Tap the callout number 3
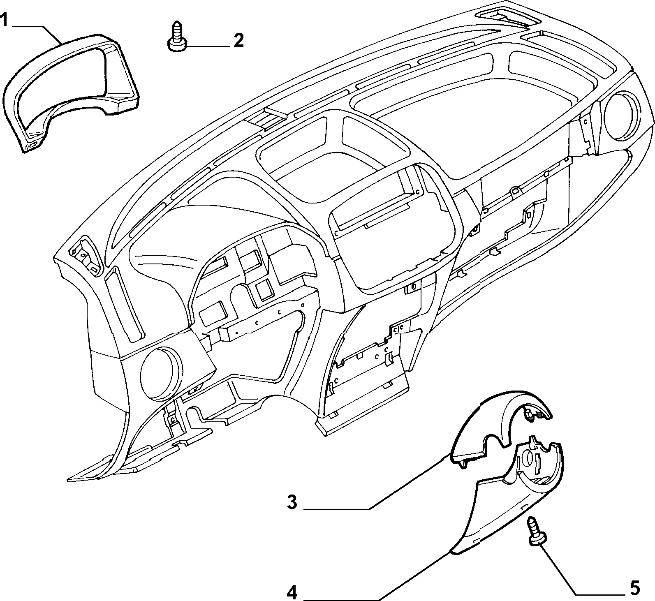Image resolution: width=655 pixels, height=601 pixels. coord(292,502)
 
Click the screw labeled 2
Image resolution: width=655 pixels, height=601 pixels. coord(177,36)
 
